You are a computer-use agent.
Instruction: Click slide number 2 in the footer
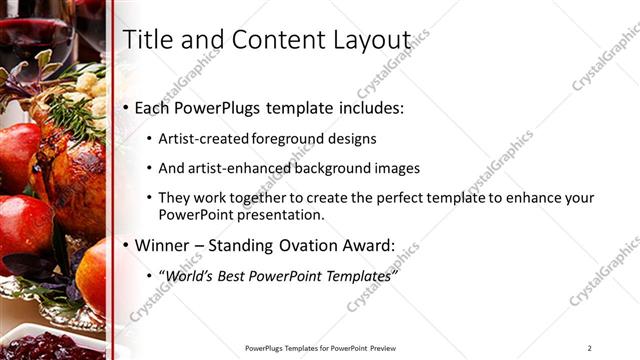coord(590,348)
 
